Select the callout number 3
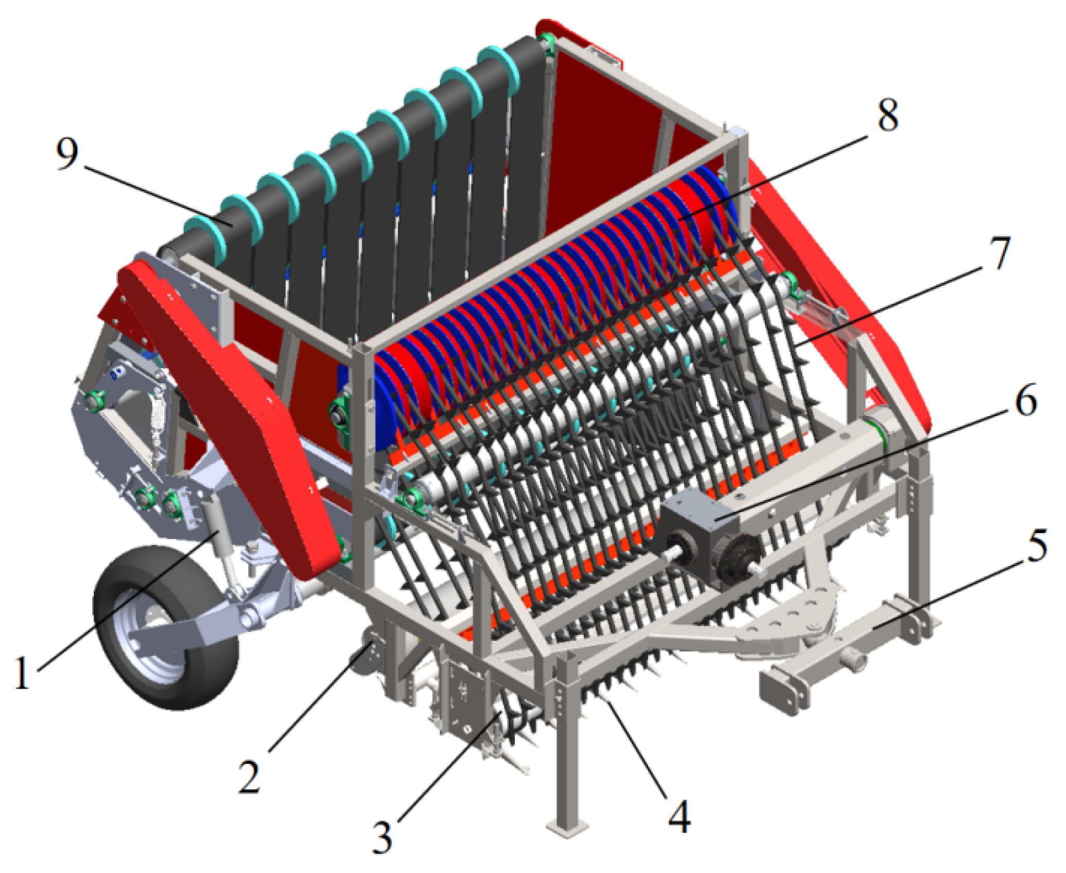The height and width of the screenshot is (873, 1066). click(x=382, y=837)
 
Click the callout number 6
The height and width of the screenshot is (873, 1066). click(x=1025, y=400)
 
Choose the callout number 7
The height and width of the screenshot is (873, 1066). click(x=1000, y=253)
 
